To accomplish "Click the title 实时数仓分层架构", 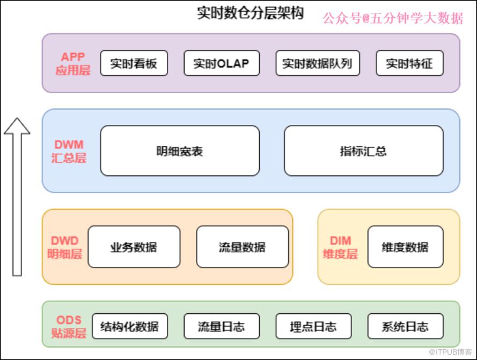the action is coord(251,13).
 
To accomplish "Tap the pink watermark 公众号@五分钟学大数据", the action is coord(393,18).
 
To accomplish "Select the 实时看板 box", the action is coord(134,63).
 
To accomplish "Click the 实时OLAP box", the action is coord(222,63).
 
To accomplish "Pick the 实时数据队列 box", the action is coord(318,63).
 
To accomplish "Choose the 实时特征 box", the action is coord(409,63).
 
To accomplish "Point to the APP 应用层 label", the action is coord(73,64).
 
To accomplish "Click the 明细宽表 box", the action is coord(180,151).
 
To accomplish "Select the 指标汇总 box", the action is coord(364,151).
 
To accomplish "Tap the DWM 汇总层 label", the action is coord(69,151).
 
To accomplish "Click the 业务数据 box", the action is coord(134,247).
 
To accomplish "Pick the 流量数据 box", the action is coord(243,247).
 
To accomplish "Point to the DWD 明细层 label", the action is coord(64,247).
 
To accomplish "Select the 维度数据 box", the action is coord(405,247).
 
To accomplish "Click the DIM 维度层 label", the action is coord(340,247).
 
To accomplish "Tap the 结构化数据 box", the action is coord(130,326).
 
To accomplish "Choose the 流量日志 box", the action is coord(222,326).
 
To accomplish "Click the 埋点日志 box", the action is coord(313,326).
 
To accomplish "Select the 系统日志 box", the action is coord(405,326).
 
